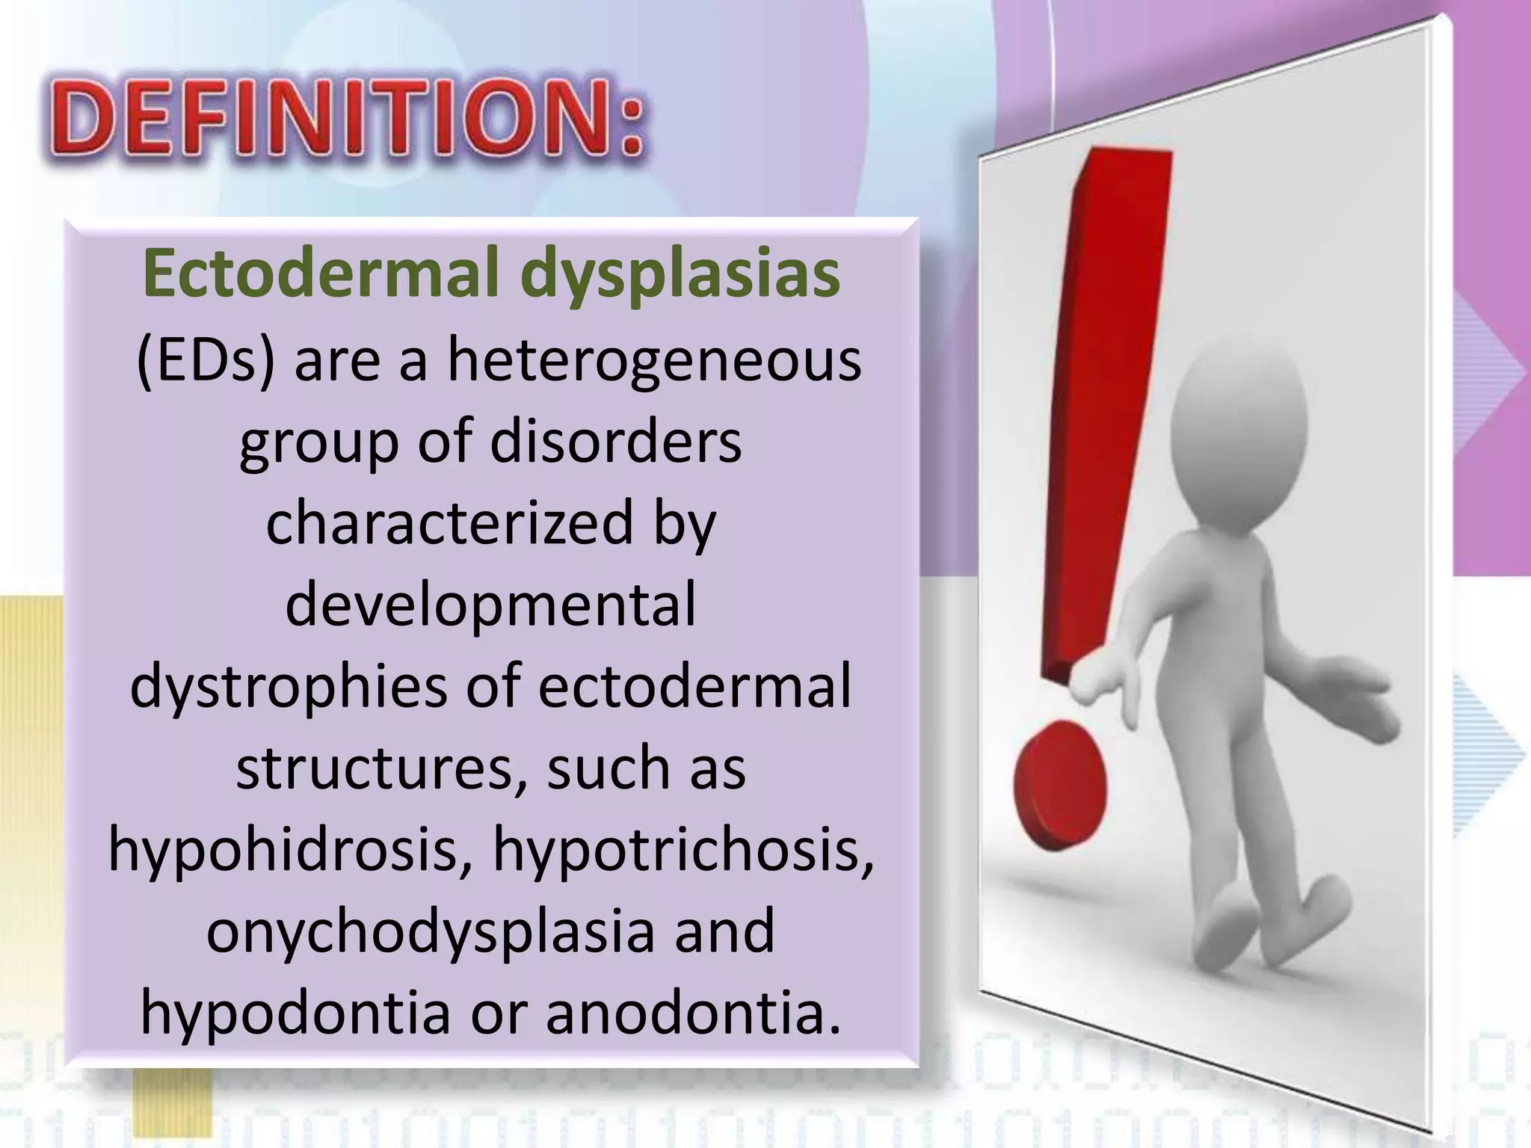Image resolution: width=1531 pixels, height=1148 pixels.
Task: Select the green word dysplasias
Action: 680,275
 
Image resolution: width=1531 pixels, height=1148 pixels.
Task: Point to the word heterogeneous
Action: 654,361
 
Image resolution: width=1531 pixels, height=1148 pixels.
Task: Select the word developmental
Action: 491,604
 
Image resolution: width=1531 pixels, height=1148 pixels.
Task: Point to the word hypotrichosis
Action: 683,850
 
